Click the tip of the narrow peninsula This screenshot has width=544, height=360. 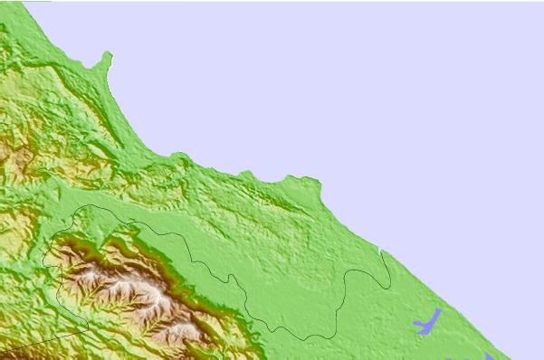click(x=108, y=55)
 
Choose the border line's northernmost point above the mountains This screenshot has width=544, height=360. click(x=91, y=205)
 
